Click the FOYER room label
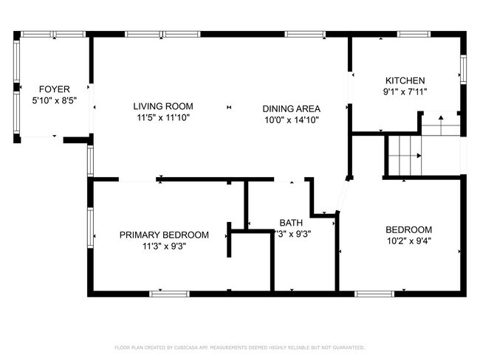(x=55, y=88)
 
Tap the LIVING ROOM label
(x=163, y=106)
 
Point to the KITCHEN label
(x=405, y=81)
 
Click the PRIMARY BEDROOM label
(x=164, y=235)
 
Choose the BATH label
(x=290, y=223)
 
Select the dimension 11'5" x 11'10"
(x=163, y=117)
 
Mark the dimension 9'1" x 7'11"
(x=405, y=92)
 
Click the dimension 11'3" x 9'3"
(x=164, y=246)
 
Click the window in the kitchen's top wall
(x=410, y=34)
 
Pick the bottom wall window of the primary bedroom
(x=170, y=293)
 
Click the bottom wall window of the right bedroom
(x=374, y=293)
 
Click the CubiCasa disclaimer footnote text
(x=239, y=347)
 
